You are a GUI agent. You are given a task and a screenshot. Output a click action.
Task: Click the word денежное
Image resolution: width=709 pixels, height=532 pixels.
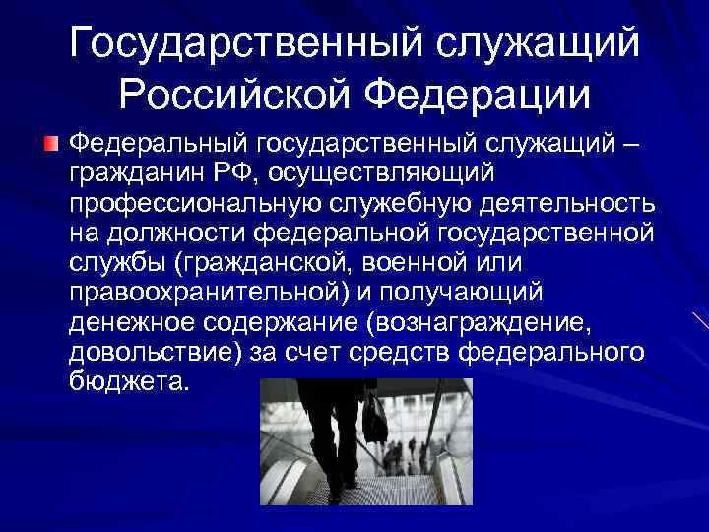[129, 322]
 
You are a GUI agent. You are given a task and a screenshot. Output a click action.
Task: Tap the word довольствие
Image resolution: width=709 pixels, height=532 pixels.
[153, 352]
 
